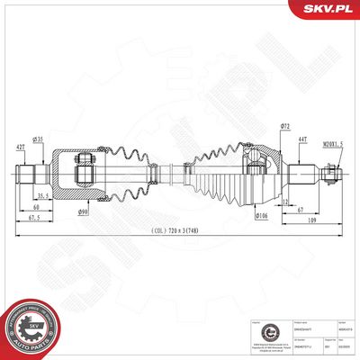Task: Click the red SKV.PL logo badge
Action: [x=329, y=9]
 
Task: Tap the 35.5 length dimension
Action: [x=42, y=194]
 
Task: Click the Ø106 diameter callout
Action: [x=262, y=216]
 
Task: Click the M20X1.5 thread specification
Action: [x=332, y=143]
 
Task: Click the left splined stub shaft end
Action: [x=30, y=171]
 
